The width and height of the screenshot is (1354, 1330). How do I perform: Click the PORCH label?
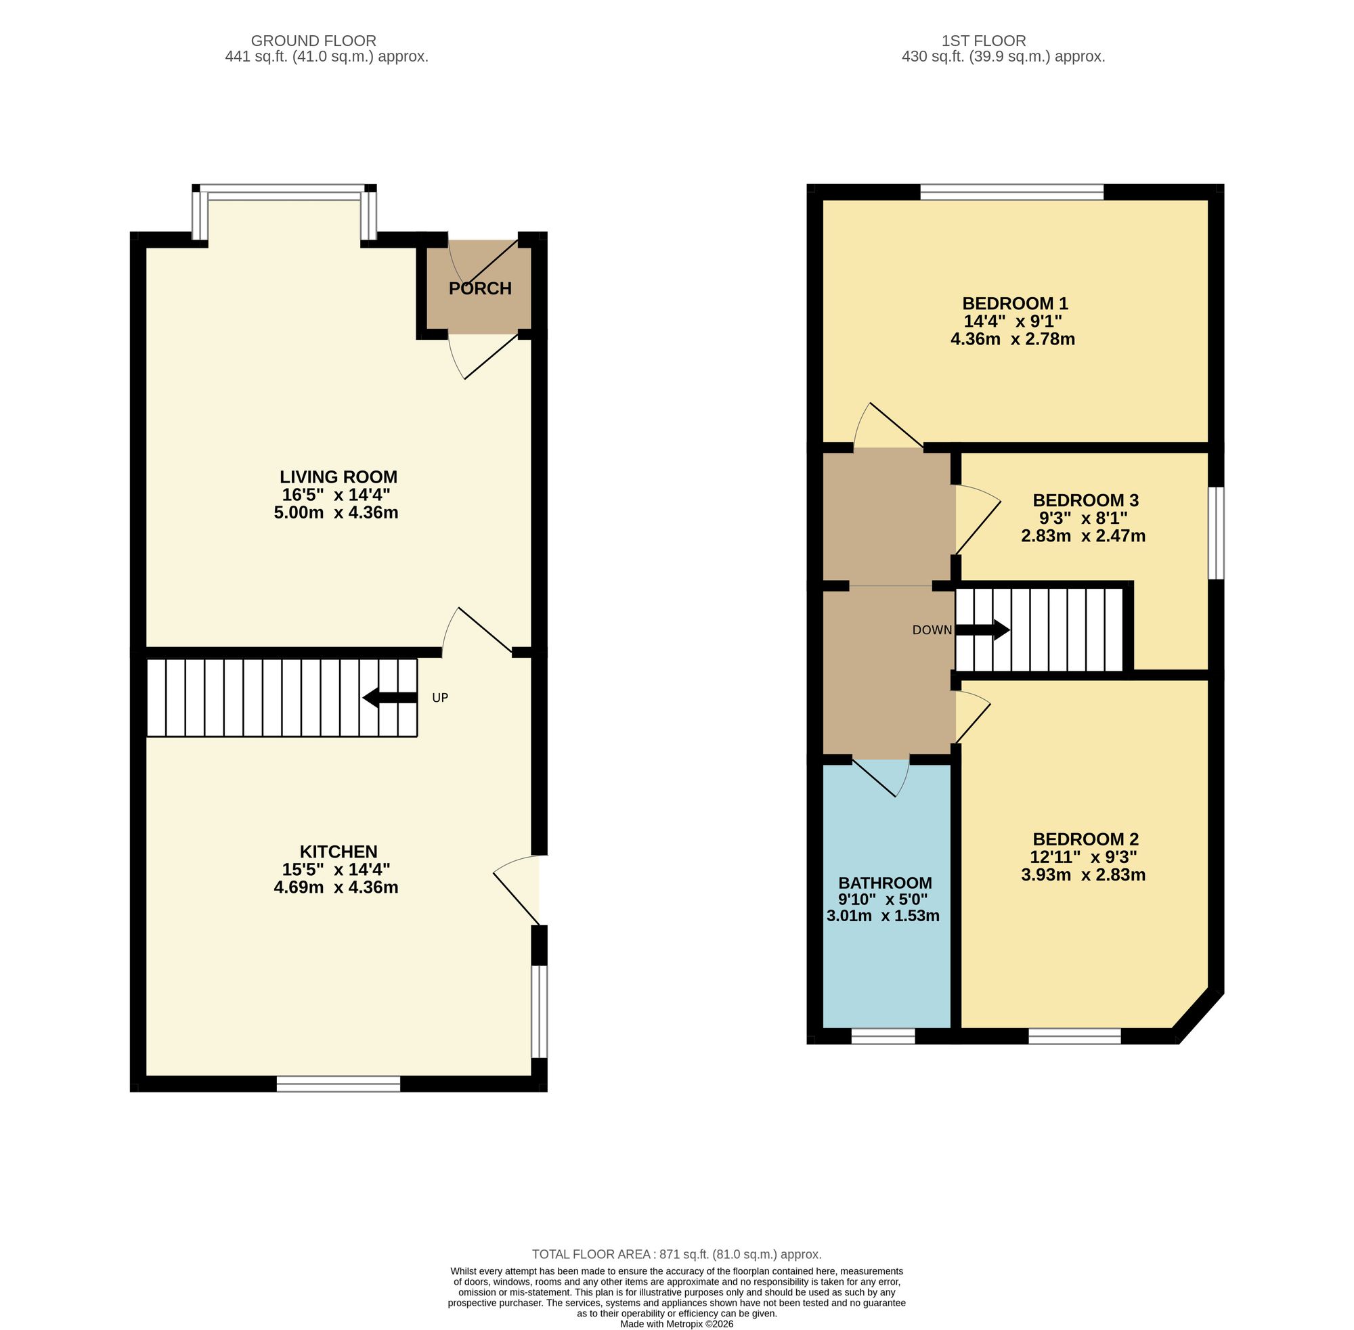(x=480, y=288)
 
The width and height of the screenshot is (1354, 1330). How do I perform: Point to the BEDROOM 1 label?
(x=1014, y=304)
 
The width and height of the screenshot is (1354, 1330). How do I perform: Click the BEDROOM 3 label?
(x=1086, y=500)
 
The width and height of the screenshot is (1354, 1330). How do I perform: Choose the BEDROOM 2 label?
(x=1086, y=839)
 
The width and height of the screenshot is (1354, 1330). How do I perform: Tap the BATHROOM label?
(x=886, y=883)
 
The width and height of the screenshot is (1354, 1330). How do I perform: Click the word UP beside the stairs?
(x=440, y=698)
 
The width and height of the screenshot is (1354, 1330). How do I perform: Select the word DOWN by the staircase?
(x=932, y=630)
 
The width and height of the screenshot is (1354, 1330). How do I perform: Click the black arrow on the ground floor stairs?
(x=390, y=698)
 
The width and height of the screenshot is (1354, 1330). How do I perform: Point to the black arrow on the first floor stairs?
(x=982, y=630)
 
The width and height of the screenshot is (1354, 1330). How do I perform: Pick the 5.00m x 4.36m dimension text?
(x=336, y=513)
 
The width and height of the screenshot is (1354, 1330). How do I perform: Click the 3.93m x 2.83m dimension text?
(x=1083, y=874)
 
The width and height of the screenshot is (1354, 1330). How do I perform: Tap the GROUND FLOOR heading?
(x=313, y=41)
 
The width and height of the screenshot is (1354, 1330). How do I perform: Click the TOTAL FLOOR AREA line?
(x=676, y=1254)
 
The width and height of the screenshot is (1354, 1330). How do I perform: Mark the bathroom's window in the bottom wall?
(x=883, y=1037)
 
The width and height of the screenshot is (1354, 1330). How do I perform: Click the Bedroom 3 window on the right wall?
(x=1217, y=533)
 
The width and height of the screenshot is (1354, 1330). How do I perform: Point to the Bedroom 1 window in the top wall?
(x=1011, y=192)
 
